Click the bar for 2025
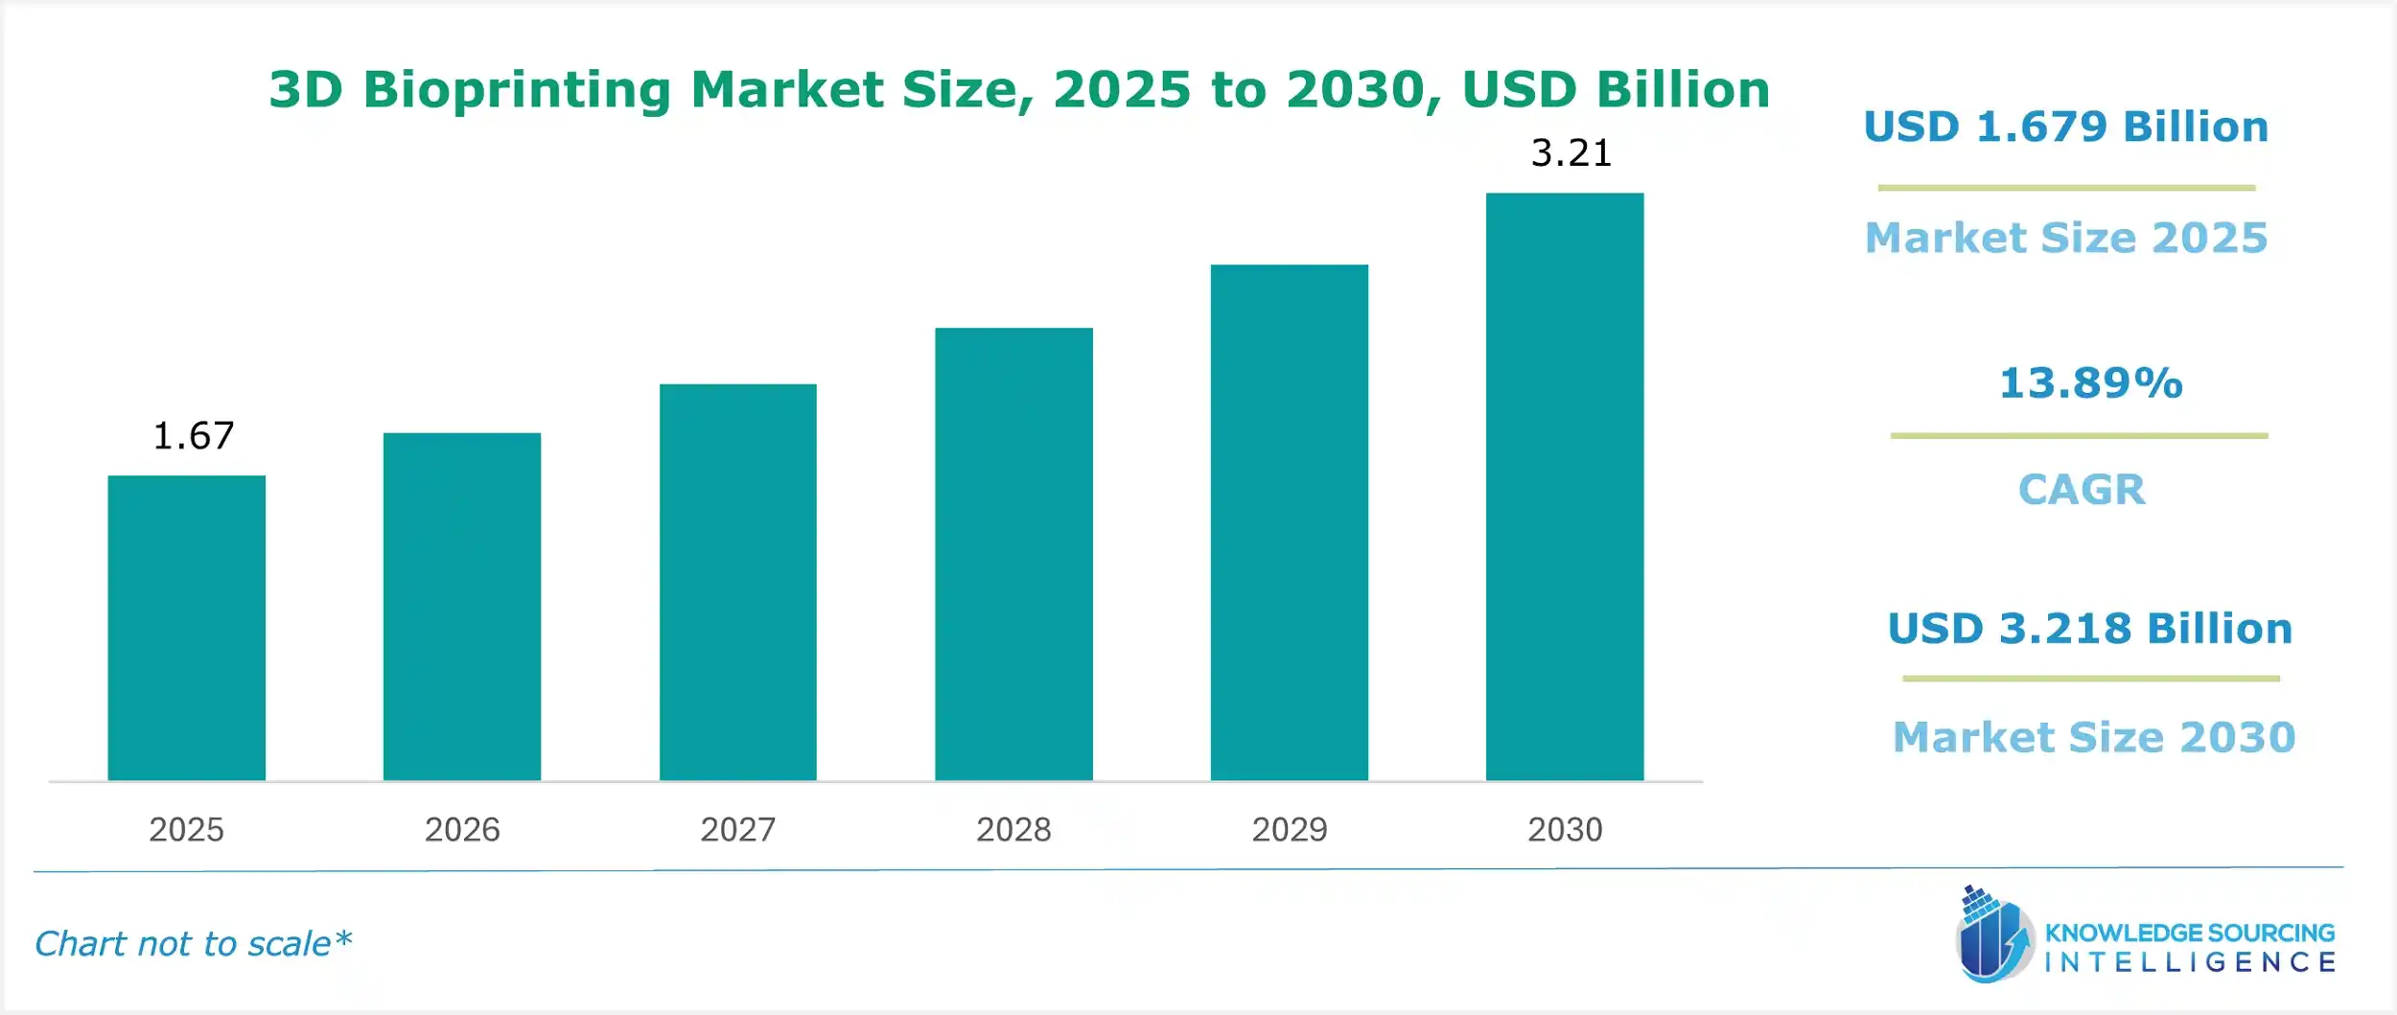click(186, 628)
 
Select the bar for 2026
click(462, 607)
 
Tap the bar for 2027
click(738, 582)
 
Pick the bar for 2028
click(1013, 554)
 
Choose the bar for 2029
click(1290, 522)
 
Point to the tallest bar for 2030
click(1565, 487)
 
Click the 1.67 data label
click(194, 436)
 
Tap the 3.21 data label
click(1571, 153)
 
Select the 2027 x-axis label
click(738, 829)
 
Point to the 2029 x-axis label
click(1290, 829)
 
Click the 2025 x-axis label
click(186, 829)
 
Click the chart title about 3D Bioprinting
click(1019, 90)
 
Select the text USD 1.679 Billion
click(2066, 127)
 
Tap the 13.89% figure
click(2091, 383)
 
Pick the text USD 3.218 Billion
click(2090, 629)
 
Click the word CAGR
click(2082, 490)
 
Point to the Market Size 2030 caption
click(2094, 737)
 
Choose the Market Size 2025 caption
click(2066, 238)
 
